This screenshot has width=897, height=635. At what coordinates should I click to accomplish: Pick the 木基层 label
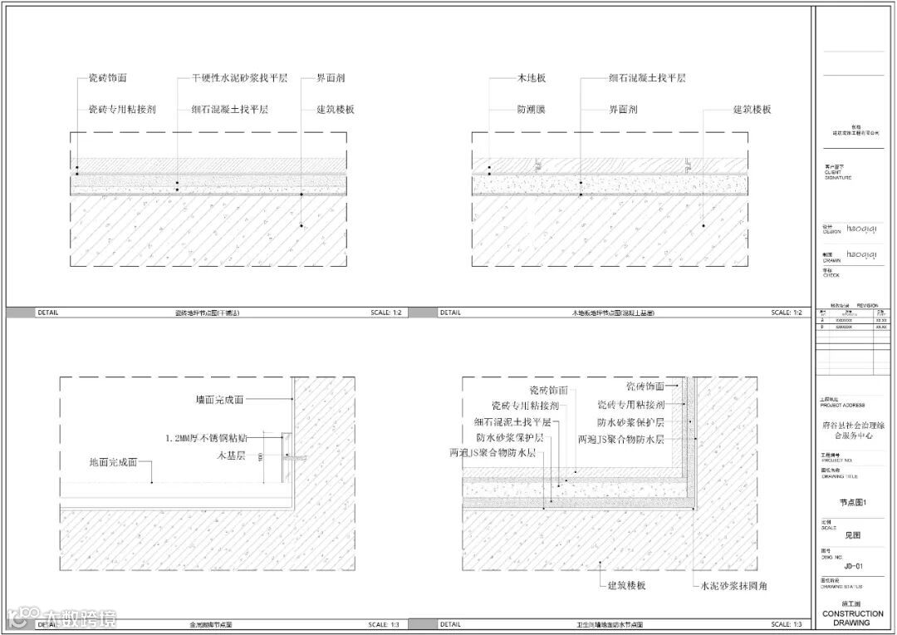(x=228, y=455)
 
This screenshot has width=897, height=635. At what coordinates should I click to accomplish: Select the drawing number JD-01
(x=853, y=568)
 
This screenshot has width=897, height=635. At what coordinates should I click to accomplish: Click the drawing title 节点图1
(x=853, y=501)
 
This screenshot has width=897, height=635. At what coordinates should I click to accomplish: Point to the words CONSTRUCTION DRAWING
(x=852, y=618)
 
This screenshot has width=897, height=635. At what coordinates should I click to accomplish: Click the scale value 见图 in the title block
(x=853, y=536)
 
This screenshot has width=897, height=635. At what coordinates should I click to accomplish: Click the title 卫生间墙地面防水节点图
(x=610, y=624)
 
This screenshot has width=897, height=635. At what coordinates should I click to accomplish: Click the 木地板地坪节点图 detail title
(x=611, y=313)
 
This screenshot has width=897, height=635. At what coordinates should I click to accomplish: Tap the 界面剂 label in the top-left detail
(x=331, y=78)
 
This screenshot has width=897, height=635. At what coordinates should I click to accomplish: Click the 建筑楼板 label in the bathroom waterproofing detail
(x=626, y=586)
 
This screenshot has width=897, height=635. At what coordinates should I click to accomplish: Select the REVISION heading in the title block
(x=866, y=305)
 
